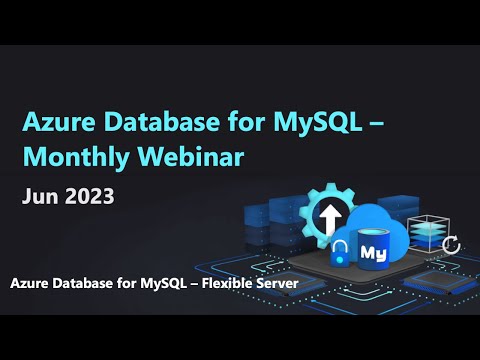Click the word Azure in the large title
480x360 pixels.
[56, 123]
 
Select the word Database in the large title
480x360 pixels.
[147, 123]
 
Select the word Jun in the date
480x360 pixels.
[39, 196]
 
